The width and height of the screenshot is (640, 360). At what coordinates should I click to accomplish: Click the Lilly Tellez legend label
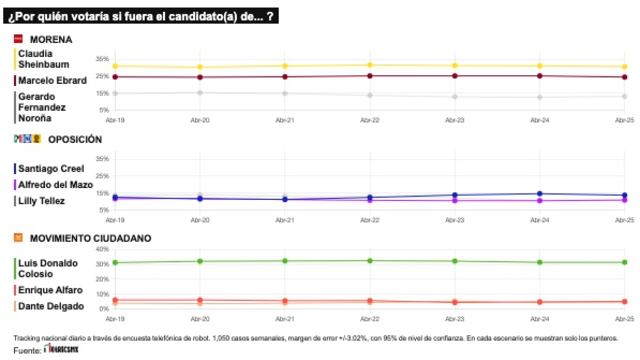(x=41, y=200)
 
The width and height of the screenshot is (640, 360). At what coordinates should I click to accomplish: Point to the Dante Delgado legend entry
(x=47, y=304)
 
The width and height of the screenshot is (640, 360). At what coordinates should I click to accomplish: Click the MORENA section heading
(x=51, y=39)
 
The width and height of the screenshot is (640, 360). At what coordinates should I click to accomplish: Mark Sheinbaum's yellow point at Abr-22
(x=370, y=65)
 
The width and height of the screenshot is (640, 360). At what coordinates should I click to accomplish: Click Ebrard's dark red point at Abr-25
(x=624, y=77)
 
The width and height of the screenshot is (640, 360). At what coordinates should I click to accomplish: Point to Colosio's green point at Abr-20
(x=200, y=261)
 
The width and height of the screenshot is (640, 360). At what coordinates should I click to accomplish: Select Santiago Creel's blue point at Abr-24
(x=540, y=193)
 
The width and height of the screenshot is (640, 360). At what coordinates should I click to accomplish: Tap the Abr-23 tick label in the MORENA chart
(x=455, y=118)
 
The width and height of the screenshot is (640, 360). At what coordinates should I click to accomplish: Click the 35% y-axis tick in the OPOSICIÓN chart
(x=103, y=159)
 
